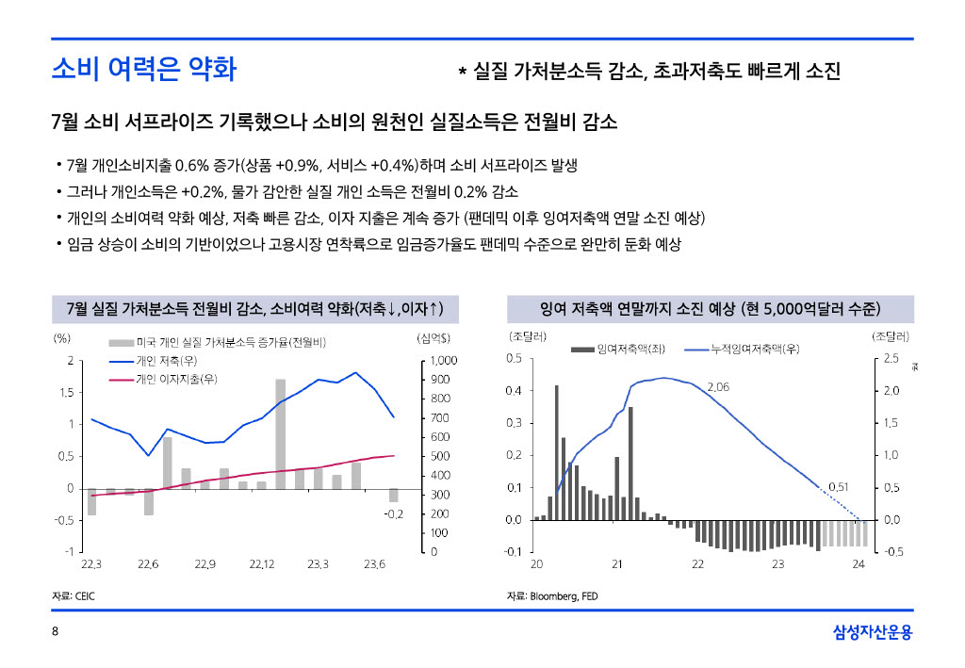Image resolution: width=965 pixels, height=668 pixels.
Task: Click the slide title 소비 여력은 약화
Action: pos(144,69)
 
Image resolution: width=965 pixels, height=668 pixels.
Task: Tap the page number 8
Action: pos(55,631)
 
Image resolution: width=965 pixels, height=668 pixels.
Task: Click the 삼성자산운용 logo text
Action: pos(873,631)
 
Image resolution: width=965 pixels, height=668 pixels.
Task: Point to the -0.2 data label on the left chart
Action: pos(393,514)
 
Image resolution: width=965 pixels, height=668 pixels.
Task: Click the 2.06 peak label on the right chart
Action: pos(717,387)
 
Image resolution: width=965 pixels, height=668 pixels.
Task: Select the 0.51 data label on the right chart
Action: pos(839,487)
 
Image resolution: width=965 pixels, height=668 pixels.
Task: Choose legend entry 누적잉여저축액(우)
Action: pos(755,349)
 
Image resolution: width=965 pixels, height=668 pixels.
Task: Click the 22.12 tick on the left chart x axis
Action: pos(262,563)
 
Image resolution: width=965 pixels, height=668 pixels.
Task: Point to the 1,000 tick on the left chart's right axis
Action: pos(443,360)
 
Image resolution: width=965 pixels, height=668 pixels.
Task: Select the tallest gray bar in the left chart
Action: pos(280,433)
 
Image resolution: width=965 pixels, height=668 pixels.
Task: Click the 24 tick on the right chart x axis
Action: pos(859,563)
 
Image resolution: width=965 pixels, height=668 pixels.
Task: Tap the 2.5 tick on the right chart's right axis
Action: pos(891,359)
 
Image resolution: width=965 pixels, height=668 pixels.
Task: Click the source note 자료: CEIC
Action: pos(74,596)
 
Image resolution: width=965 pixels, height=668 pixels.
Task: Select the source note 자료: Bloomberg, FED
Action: pos(552,596)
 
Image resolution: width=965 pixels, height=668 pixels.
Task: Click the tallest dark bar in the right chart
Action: pos(557,452)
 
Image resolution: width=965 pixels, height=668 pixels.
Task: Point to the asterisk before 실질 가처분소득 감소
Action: pos(462,73)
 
